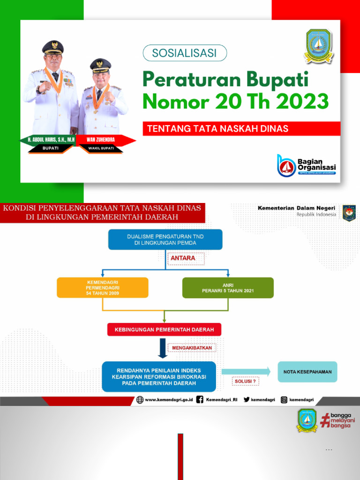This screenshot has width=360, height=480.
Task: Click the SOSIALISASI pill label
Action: click(184, 53)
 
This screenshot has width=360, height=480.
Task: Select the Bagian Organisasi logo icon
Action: click(286, 165)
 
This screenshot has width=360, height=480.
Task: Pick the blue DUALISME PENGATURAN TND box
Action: click(165, 240)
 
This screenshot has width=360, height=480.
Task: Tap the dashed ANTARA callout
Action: click(183, 258)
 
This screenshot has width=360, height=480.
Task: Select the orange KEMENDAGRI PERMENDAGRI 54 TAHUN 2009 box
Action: click(103, 287)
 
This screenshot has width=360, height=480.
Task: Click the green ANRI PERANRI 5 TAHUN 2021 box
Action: click(228, 287)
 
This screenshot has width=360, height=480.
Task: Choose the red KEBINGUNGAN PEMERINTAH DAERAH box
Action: click(164, 330)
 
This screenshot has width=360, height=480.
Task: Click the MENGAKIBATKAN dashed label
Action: click(192, 348)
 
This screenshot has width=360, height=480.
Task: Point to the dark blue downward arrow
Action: click(163, 348)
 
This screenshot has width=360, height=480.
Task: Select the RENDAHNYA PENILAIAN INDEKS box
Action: click(159, 376)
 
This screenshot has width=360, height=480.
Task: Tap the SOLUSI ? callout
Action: click(245, 382)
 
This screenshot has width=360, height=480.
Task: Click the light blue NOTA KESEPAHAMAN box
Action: click(307, 372)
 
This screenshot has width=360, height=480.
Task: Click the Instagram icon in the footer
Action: click(284, 400)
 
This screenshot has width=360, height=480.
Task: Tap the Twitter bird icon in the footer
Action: click(247, 400)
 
